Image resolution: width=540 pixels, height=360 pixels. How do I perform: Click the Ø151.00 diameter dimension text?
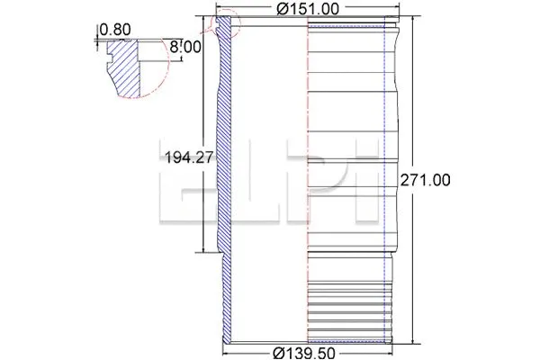(x=308, y=8)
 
